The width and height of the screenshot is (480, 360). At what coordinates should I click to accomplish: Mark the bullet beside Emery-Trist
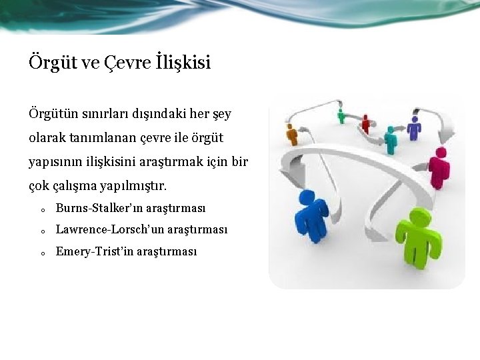[41, 253]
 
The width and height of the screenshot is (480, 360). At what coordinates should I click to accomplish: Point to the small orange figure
[291, 134]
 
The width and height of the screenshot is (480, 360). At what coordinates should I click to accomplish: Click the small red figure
[365, 123]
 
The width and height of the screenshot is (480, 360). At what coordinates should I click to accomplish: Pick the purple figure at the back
[414, 127]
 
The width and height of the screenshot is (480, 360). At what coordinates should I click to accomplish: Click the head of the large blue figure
[307, 197]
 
